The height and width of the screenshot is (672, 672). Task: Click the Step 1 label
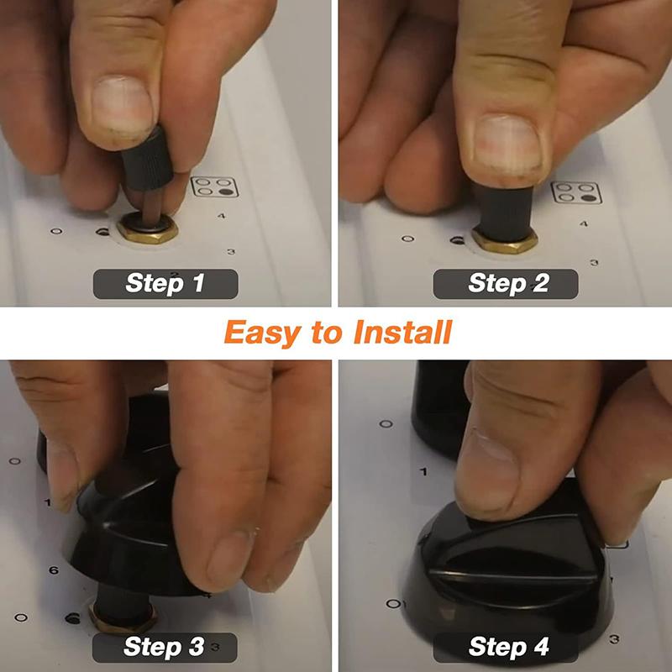tap(165, 283)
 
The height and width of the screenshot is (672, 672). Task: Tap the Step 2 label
tap(506, 283)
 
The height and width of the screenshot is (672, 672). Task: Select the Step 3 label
tap(164, 647)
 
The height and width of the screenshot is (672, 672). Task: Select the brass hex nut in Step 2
tap(503, 239)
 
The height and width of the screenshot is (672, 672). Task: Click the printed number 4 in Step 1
tap(222, 216)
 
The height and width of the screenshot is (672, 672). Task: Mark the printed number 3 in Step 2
tap(594, 263)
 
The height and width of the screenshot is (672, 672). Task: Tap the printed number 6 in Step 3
tap(54, 570)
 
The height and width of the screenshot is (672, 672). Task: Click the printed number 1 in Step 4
tap(423, 472)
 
